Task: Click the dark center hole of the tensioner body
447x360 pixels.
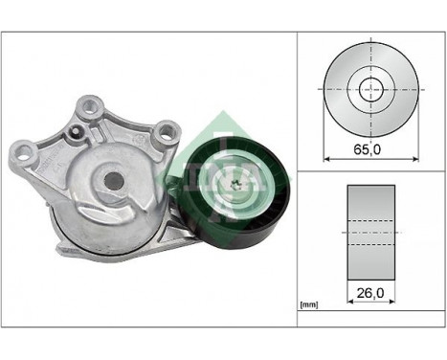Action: coord(114,180)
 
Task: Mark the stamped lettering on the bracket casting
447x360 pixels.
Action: coord(54,162)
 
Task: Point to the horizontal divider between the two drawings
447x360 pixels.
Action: coord(369,171)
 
